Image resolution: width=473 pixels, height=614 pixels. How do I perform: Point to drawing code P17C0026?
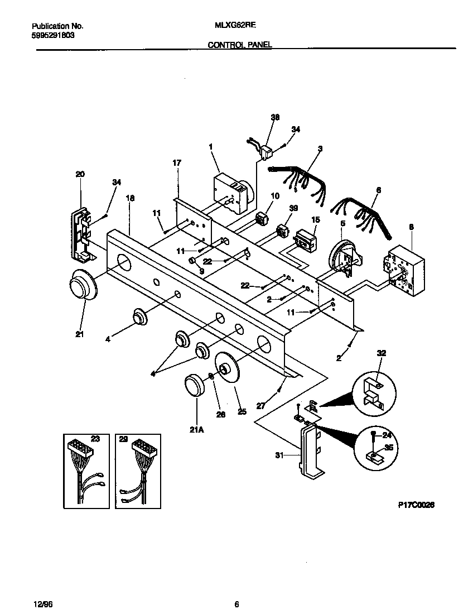(416, 505)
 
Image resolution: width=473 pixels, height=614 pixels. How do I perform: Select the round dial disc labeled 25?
(230, 370)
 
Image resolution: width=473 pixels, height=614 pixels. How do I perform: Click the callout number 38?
(275, 117)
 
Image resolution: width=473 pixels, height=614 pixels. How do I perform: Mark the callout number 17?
(177, 163)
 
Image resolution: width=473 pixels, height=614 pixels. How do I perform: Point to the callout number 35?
(388, 447)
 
